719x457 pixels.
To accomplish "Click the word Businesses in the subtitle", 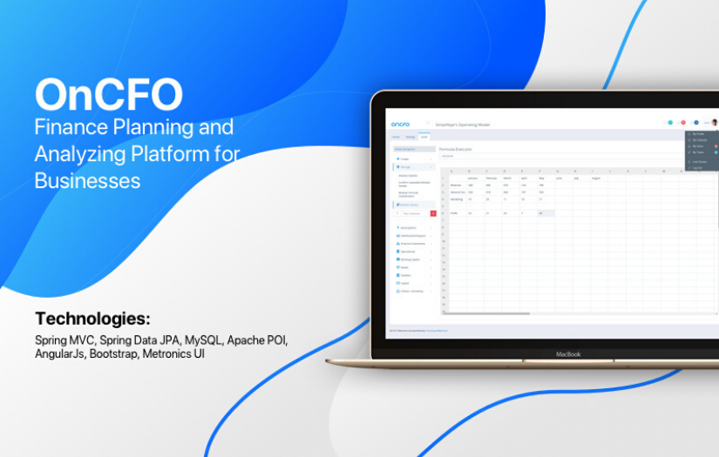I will click(87, 181).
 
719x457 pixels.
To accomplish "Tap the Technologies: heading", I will click(92, 318).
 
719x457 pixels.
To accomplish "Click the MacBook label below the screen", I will click(567, 354).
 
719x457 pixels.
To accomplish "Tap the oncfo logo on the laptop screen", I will click(400, 124).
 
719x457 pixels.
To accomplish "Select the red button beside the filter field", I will click(433, 212).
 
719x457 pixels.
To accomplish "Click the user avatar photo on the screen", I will click(714, 123).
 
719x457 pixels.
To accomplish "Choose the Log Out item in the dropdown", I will click(697, 167).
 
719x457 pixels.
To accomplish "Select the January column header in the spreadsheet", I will click(472, 178).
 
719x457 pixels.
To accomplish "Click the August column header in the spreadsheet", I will click(596, 178).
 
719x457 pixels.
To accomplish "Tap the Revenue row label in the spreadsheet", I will click(455, 185).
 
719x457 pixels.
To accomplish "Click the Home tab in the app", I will click(396, 137).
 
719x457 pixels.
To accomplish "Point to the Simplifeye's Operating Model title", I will click(463, 124).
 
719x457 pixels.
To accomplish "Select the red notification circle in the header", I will click(683, 123).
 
